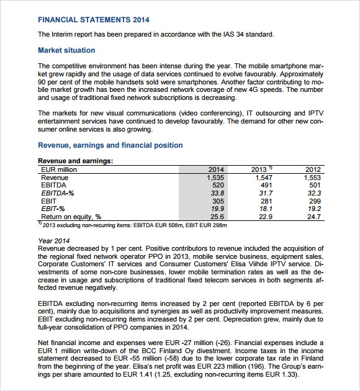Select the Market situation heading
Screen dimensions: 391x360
pyautogui.click(x=66, y=50)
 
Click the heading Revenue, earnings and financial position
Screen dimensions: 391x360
pyautogui.click(x=110, y=145)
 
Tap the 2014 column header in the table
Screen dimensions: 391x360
pyautogui.click(x=215, y=169)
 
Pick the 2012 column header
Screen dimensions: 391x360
pyautogui.click(x=314, y=169)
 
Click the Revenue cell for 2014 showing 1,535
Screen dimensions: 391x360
pyautogui.click(x=214, y=178)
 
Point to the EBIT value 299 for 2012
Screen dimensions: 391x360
pyautogui.click(x=315, y=201)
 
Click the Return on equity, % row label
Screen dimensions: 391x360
pyautogui.click(x=71, y=217)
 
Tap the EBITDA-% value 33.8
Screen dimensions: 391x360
pyautogui.click(x=217, y=193)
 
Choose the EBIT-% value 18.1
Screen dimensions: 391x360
pyautogui.click(x=266, y=209)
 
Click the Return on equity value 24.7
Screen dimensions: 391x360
pyautogui.click(x=314, y=217)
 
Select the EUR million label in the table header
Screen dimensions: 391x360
pyautogui.click(x=59, y=169)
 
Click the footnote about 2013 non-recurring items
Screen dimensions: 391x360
pyautogui.click(x=124, y=225)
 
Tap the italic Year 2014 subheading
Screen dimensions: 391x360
pyautogui.click(x=54, y=241)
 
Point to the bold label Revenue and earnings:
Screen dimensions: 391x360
pyautogui.click(x=75, y=161)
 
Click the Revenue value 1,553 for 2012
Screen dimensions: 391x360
pyautogui.click(x=313, y=178)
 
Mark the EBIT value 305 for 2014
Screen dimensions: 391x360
pyautogui.click(x=218, y=201)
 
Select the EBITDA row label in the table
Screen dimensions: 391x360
pyautogui.click(x=54, y=185)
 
